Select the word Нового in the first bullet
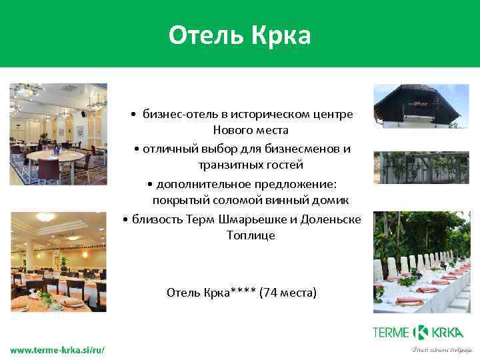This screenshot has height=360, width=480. [x=231, y=131]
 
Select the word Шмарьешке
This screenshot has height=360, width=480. [x=267, y=219]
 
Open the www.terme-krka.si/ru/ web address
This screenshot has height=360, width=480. [x=57, y=349]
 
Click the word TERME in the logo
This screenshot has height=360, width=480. [x=391, y=331]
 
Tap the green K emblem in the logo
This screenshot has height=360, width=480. [x=420, y=331]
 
